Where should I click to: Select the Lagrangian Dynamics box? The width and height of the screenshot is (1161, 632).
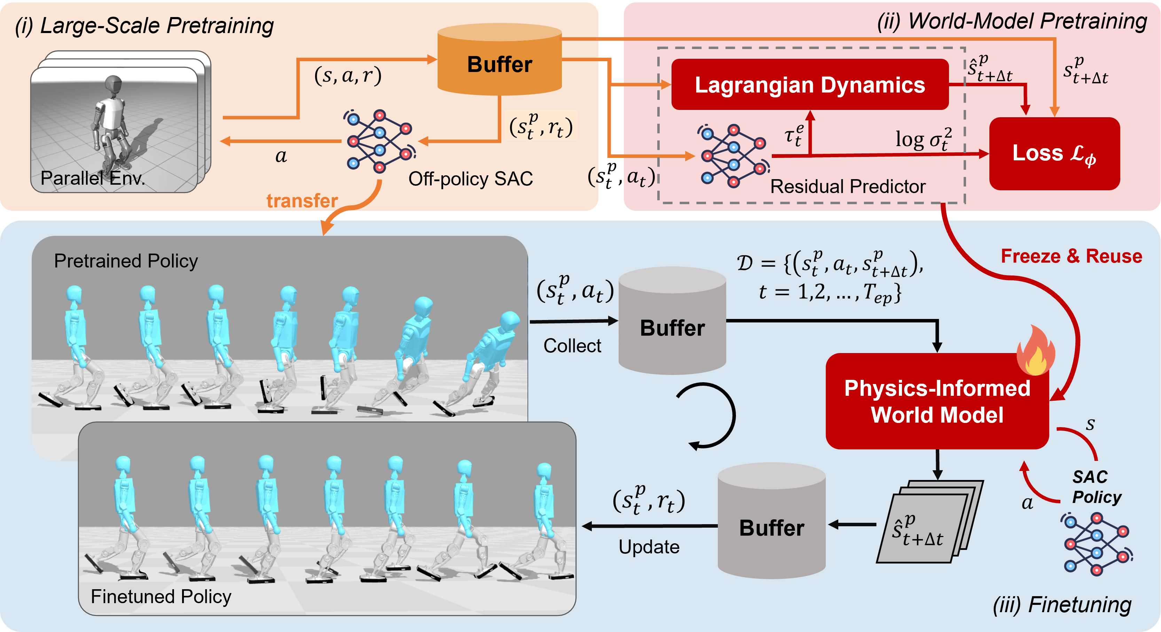(x=809, y=85)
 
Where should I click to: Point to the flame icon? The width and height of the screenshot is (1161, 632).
(x=1036, y=351)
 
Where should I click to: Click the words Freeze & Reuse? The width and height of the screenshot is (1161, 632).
(x=1071, y=256)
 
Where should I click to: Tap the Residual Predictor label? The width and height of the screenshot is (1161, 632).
(x=847, y=186)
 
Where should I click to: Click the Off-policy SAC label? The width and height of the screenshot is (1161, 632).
(x=470, y=179)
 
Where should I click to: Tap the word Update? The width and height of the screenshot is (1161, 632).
(x=649, y=547)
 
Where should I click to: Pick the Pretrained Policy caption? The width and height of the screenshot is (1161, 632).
(x=126, y=261)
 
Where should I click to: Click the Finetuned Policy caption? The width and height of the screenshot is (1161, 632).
(x=161, y=597)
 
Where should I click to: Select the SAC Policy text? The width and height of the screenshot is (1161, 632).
(x=1096, y=487)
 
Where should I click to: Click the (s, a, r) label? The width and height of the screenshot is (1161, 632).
(x=347, y=76)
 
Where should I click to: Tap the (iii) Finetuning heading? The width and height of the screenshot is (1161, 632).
(x=1062, y=605)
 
